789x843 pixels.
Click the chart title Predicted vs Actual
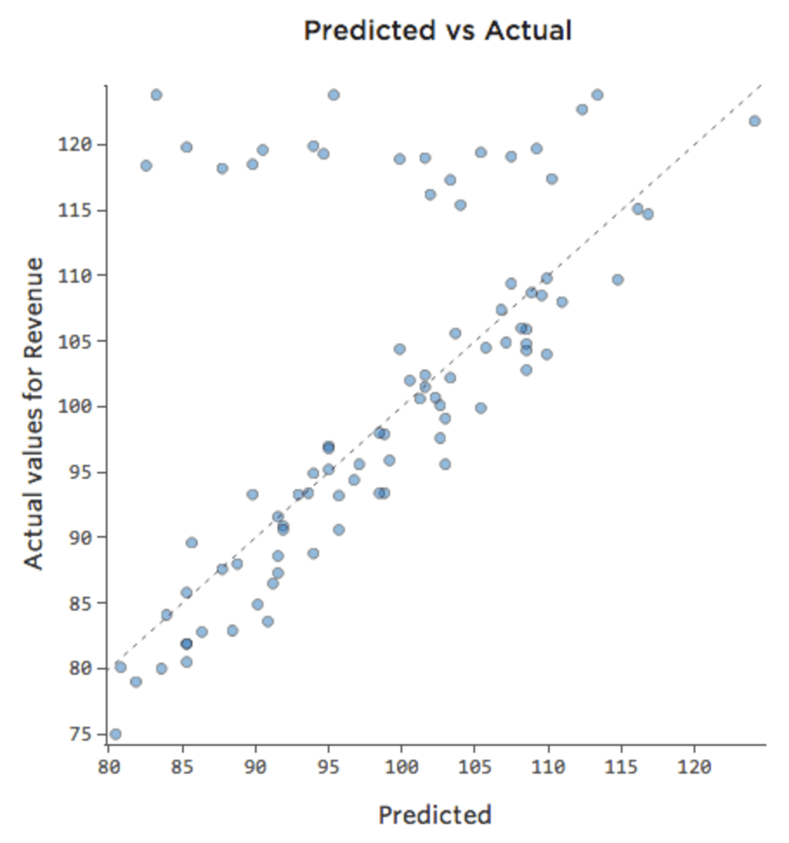point(437,31)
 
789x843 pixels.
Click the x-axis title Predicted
point(434,815)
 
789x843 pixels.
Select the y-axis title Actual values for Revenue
point(34,413)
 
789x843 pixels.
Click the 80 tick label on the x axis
point(109,767)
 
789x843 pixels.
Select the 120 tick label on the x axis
point(694,767)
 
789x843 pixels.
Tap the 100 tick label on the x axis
point(401,767)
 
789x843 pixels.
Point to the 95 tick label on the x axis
point(329,767)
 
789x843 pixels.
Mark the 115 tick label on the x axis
point(621,767)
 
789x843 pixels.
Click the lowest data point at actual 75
point(115,734)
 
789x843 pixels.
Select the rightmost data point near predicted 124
point(754,121)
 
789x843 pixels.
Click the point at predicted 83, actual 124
point(156,95)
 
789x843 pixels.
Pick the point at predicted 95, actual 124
point(334,95)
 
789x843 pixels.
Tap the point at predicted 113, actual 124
point(597,95)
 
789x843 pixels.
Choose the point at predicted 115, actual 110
point(617,279)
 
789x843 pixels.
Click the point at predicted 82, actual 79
point(135,682)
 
